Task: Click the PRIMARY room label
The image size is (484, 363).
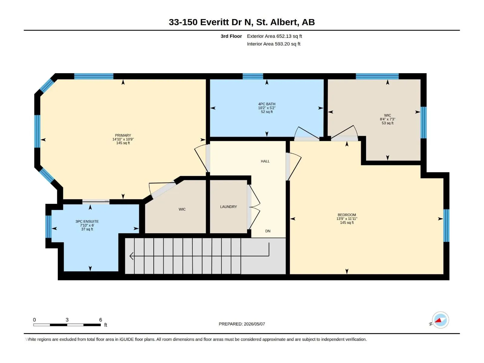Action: [x=123, y=135]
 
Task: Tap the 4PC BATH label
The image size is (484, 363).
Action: [x=267, y=104]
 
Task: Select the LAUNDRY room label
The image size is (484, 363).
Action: [x=228, y=207]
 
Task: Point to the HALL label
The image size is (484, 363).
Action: [x=265, y=161]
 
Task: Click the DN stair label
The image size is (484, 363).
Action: [x=268, y=231]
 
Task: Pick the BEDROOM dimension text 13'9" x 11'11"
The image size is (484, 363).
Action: [x=347, y=219]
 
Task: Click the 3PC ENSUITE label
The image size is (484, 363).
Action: [x=87, y=221]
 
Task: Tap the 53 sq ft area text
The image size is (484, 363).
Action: [x=388, y=123]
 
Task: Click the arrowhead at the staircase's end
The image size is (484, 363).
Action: [x=131, y=256]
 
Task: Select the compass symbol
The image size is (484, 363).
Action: [x=440, y=320]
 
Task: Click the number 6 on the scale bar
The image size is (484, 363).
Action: [x=100, y=320]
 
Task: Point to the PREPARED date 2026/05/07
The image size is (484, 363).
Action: [x=254, y=324]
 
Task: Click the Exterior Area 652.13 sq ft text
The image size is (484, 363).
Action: [x=274, y=36]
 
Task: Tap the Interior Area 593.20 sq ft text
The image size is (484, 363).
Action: [x=273, y=44]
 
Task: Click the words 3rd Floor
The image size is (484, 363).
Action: [x=231, y=36]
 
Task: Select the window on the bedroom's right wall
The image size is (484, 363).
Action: [x=446, y=225]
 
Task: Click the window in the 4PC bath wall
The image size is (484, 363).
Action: [x=253, y=76]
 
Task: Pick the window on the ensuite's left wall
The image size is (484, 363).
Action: [x=48, y=227]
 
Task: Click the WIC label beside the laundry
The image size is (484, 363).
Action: [x=182, y=209]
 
